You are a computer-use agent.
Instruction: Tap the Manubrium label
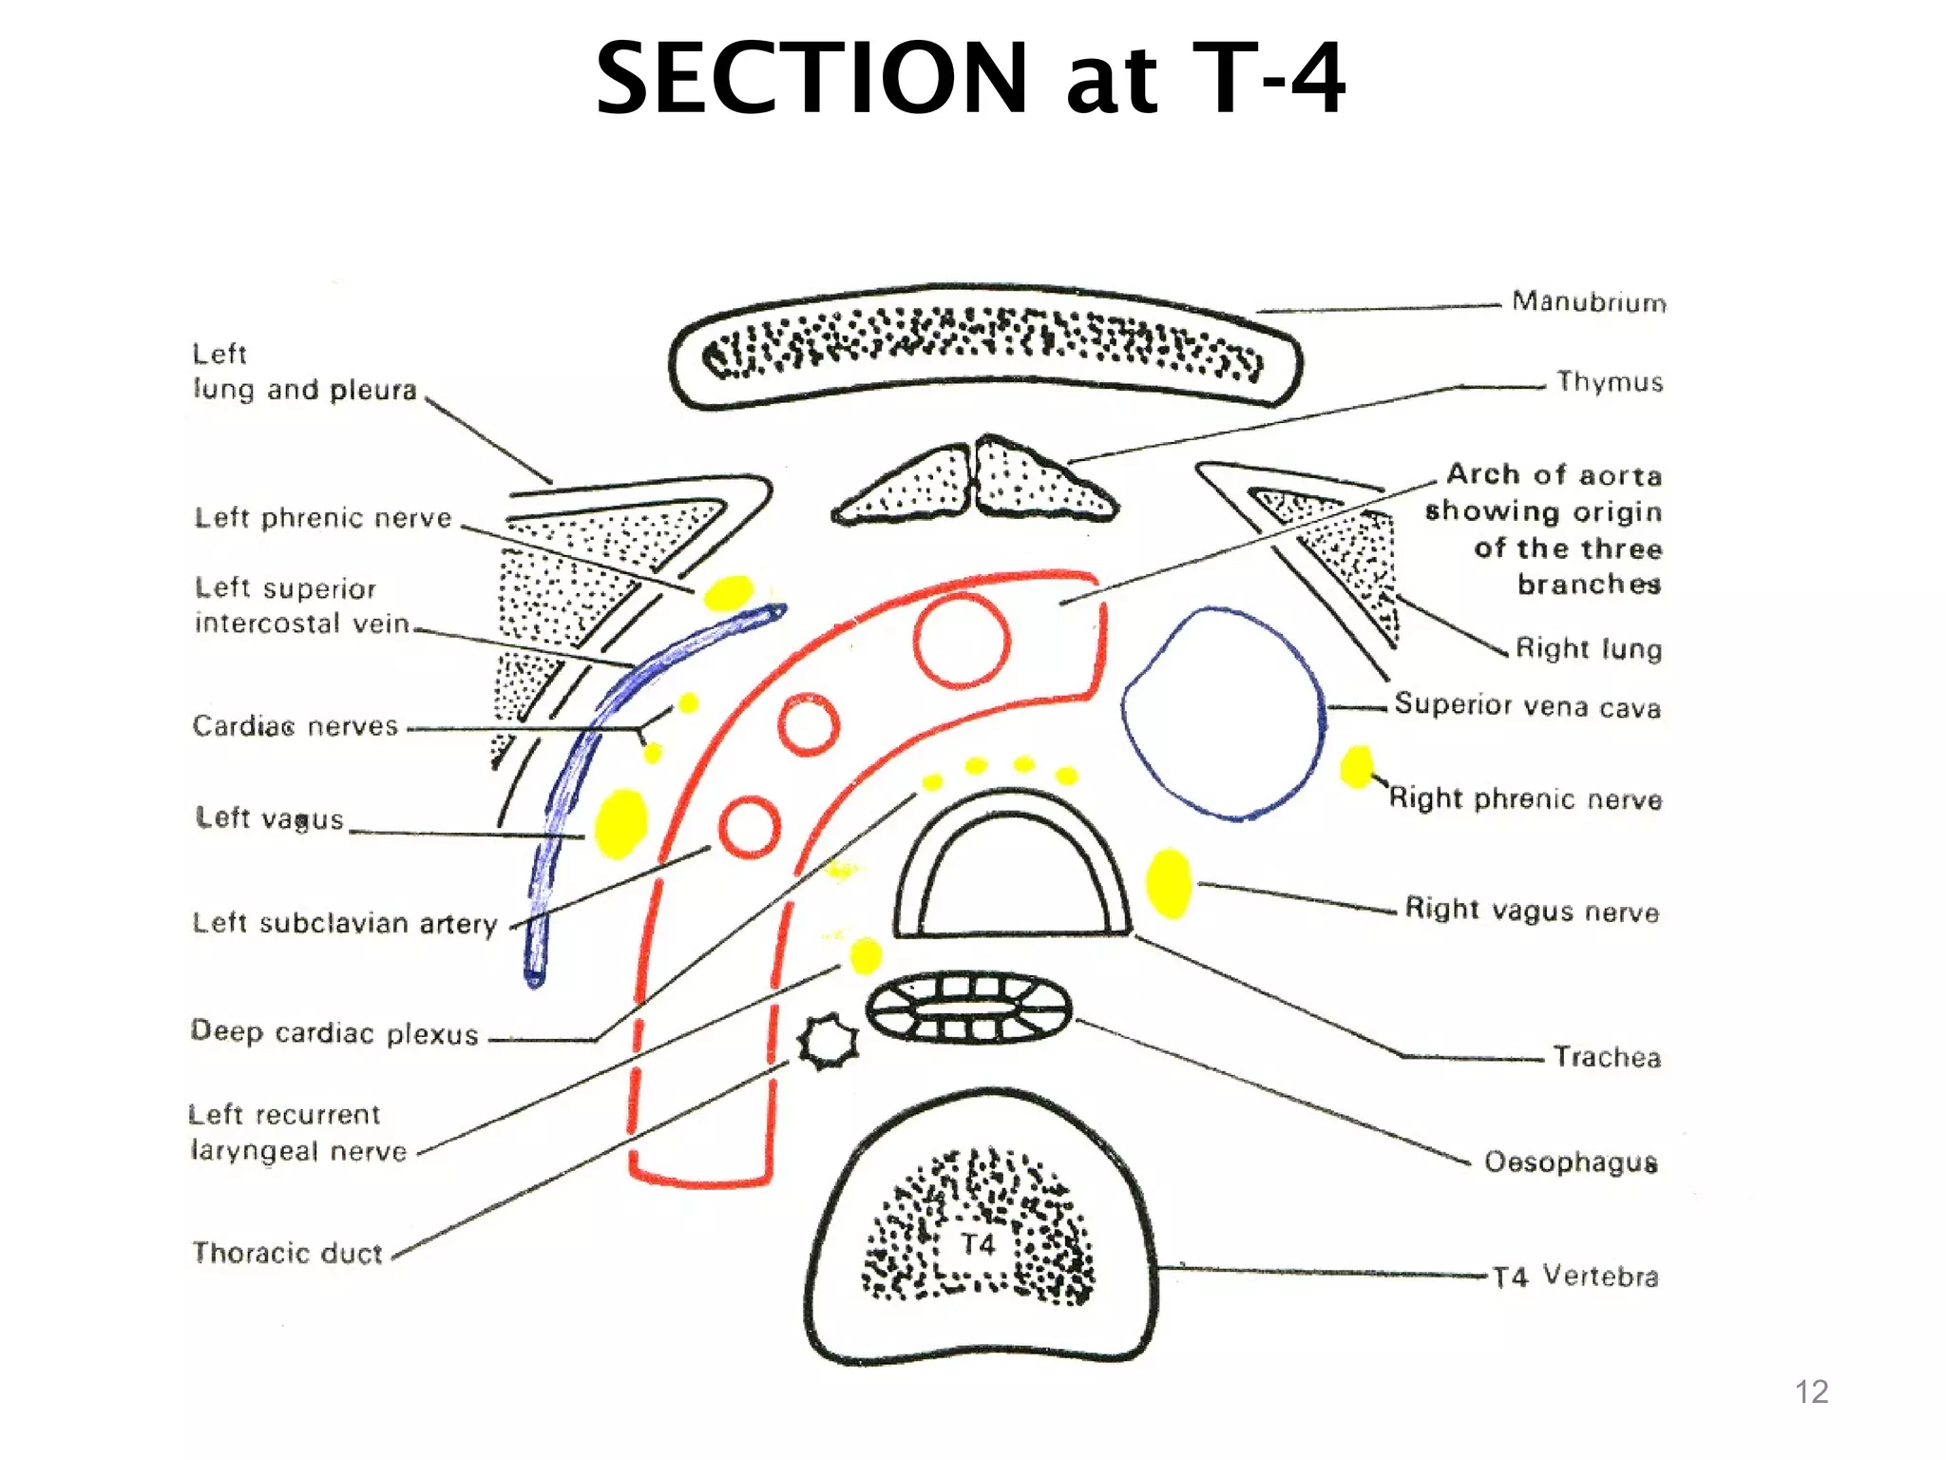[x=1589, y=302]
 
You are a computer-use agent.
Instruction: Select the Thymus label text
[x=1610, y=382]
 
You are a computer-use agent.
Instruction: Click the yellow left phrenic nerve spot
[x=729, y=592]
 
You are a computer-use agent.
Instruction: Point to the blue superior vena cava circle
[x=1224, y=713]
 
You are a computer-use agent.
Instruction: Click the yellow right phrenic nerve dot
[x=1357, y=766]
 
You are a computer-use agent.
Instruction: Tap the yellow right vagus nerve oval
[x=1169, y=883]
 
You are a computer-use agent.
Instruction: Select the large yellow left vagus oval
[x=620, y=823]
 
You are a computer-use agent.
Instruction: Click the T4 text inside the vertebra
[x=978, y=1244]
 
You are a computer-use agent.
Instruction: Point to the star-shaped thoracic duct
[x=829, y=1042]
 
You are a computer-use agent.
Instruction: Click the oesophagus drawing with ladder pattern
[x=968, y=1009]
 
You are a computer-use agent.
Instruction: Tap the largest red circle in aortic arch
[x=962, y=641]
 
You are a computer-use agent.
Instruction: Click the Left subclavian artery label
[x=345, y=923]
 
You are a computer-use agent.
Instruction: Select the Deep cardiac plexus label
[x=334, y=1032]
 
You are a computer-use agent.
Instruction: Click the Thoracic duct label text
[x=287, y=1253]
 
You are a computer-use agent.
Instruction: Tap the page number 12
[x=1811, y=1392]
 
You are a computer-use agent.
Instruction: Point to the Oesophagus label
[x=1571, y=1162]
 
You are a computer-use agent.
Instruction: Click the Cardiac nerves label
[x=295, y=726]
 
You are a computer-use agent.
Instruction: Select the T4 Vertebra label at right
[x=1575, y=1276]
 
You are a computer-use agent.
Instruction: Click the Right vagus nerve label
[x=1532, y=910]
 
